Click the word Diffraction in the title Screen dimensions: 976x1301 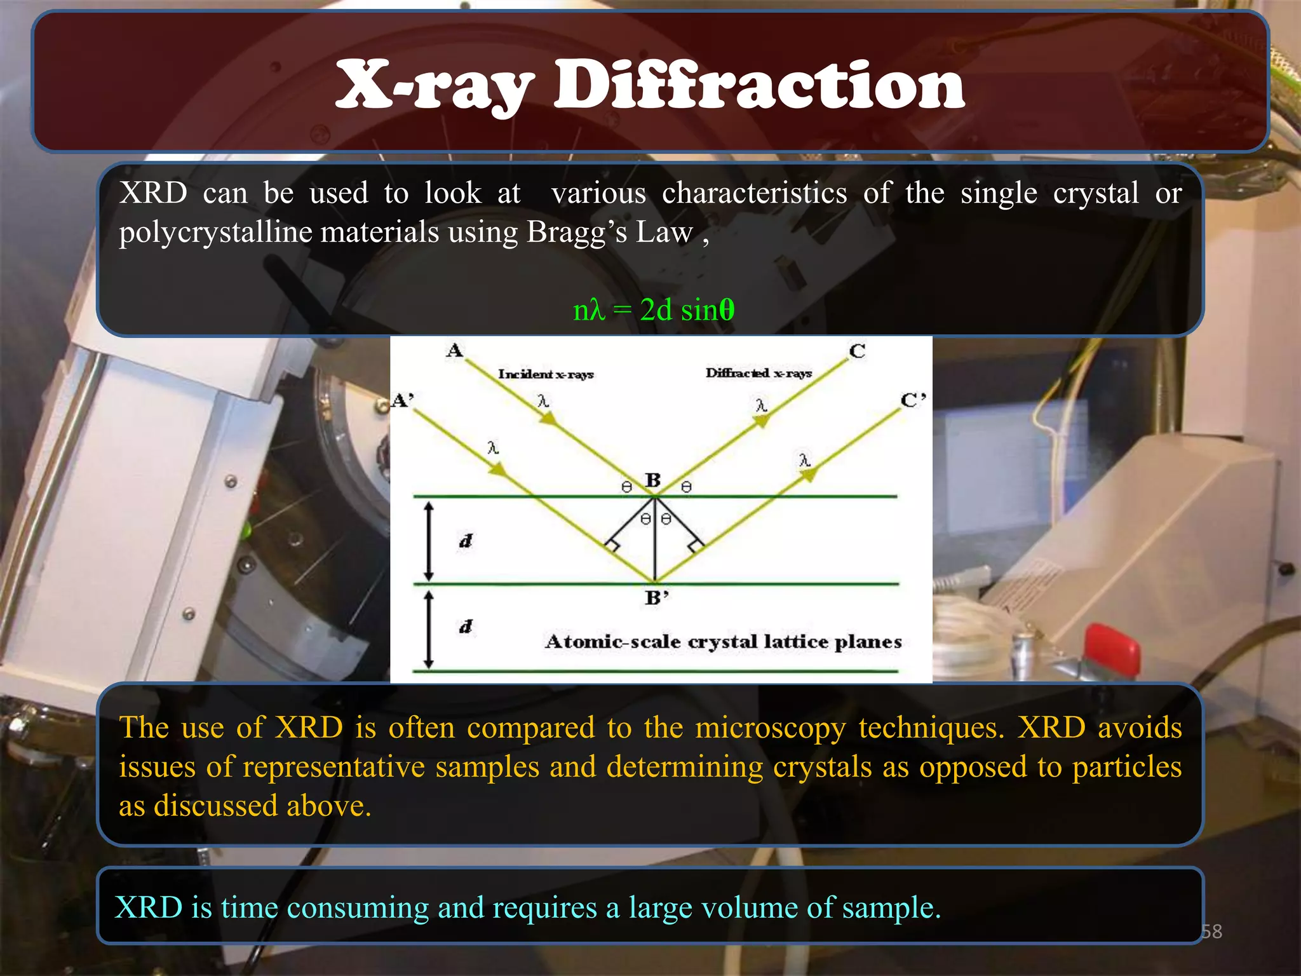tap(758, 86)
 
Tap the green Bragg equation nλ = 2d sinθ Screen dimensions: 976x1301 tap(654, 310)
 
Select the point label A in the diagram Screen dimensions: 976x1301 tap(455, 350)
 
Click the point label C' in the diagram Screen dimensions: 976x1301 tap(913, 400)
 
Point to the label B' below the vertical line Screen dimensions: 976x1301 tap(657, 598)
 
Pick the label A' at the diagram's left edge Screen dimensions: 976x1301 tap(403, 400)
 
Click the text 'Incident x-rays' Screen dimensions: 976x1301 tap(546, 374)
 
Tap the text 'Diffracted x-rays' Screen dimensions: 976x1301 tap(758, 373)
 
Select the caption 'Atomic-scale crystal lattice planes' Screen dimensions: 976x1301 tap(723, 642)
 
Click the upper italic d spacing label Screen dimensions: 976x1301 tap(466, 541)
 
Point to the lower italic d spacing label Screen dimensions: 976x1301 tap(466, 627)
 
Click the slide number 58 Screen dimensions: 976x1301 tap(1211, 932)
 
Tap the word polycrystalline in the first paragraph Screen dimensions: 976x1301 tap(216, 232)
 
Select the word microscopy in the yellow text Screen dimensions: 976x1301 tap(771, 728)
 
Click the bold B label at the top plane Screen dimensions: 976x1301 tap(653, 480)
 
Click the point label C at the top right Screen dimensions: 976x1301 tap(857, 351)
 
